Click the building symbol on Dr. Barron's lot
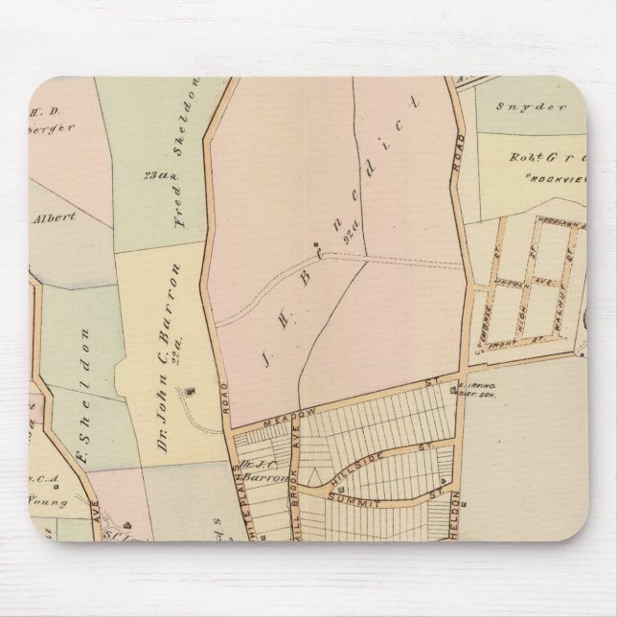click(189, 390)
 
